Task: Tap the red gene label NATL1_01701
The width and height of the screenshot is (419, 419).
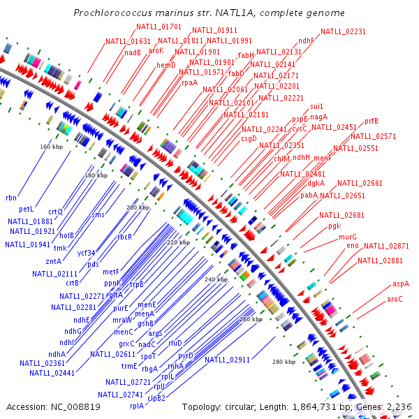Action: point(159,27)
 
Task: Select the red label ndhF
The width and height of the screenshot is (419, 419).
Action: point(306,41)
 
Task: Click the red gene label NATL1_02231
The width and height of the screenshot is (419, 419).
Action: point(343,31)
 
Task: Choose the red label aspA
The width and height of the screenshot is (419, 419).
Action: point(400,284)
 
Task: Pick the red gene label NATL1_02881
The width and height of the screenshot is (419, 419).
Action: point(380,260)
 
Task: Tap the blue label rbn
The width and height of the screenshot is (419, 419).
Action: point(10,198)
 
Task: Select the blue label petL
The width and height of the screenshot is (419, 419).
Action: point(26,209)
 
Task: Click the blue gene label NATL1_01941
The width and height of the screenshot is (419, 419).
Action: point(27,244)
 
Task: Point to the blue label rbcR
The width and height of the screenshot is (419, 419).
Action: point(124,237)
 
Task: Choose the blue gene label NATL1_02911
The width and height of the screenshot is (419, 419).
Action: point(227,360)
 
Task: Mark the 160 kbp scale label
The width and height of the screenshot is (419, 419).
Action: point(50,147)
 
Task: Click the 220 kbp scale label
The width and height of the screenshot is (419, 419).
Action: point(178,242)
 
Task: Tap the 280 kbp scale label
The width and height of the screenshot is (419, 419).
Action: point(284,362)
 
